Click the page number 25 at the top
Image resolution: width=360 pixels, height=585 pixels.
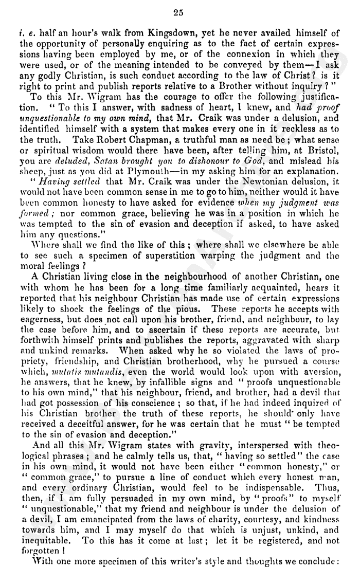click(178, 12)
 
